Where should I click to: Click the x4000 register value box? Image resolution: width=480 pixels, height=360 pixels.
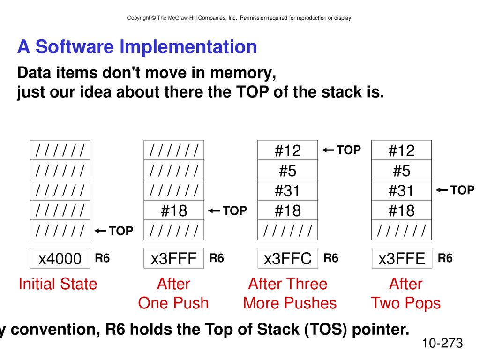click(x=60, y=258)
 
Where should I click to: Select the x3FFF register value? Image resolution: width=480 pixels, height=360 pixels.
click(x=174, y=258)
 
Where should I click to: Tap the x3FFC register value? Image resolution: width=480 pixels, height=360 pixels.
click(x=288, y=258)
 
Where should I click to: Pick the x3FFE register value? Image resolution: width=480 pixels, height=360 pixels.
click(x=402, y=258)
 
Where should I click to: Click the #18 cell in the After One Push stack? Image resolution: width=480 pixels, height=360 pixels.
click(x=174, y=210)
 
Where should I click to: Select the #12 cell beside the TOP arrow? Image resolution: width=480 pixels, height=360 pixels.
click(x=288, y=150)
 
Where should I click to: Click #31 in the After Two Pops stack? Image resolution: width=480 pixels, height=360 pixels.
click(x=402, y=190)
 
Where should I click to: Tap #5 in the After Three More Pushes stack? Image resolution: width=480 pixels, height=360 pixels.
click(x=288, y=170)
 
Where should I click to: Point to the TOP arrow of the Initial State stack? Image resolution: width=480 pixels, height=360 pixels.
click(x=100, y=231)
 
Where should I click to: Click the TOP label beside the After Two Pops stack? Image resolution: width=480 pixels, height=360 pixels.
click(x=462, y=190)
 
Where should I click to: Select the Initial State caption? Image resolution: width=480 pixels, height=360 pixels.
click(x=58, y=284)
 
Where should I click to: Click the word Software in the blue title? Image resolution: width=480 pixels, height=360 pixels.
click(x=75, y=46)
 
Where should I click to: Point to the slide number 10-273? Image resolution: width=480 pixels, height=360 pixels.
click(x=442, y=343)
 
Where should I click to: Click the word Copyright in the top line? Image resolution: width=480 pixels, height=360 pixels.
click(x=139, y=18)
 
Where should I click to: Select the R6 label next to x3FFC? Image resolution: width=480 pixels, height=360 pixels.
click(x=331, y=258)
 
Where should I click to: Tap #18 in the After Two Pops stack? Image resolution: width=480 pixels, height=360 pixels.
click(x=402, y=210)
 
